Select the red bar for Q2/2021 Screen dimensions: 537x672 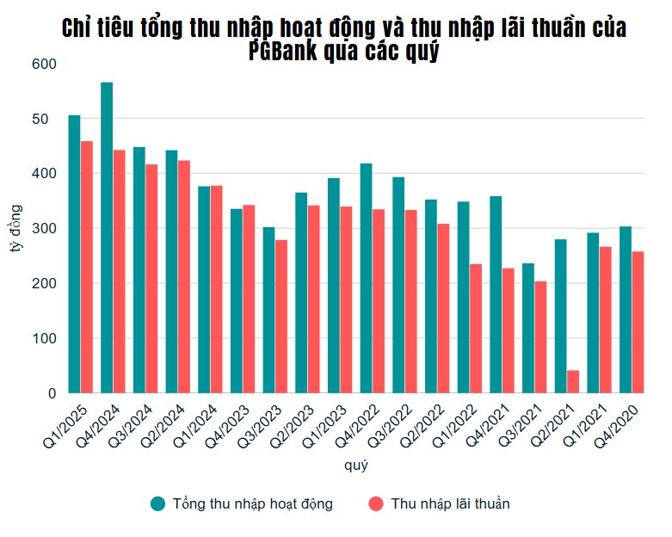[573, 381]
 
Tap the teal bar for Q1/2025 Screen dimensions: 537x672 [75, 254]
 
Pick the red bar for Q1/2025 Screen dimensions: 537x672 [87, 267]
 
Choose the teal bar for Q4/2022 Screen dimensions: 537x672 [366, 278]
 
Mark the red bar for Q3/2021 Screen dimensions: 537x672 [540, 336]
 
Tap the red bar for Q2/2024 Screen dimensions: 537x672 [184, 276]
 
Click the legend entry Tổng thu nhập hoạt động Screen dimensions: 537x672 [241, 503]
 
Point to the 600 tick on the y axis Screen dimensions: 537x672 [43, 64]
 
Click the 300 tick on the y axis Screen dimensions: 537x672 [43, 228]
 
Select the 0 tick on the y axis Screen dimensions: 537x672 [51, 393]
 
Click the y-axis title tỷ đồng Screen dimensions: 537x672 [15, 228]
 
